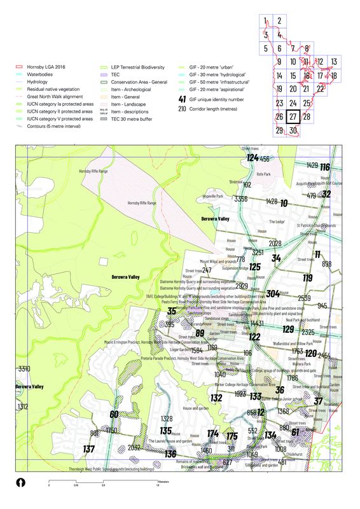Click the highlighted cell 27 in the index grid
[x=293, y=117]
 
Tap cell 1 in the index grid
[x=265, y=21]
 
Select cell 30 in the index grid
[x=293, y=130]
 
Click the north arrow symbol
[x=21, y=482]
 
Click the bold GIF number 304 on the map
[x=273, y=294]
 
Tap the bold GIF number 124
[x=253, y=158]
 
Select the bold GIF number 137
[x=89, y=449]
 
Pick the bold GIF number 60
[x=114, y=415]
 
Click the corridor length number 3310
[x=24, y=369]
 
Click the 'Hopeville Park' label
[x=213, y=197]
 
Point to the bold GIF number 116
[x=325, y=167]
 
